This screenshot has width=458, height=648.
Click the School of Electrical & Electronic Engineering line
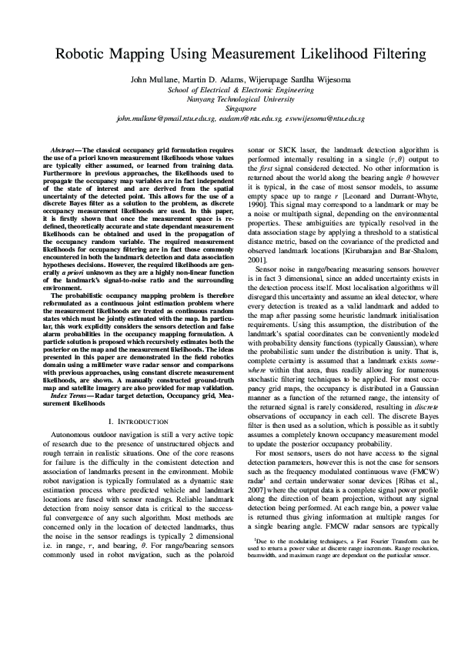point(229,89)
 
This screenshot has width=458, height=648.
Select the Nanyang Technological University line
point(229,99)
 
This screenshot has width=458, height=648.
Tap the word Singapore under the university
point(229,109)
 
